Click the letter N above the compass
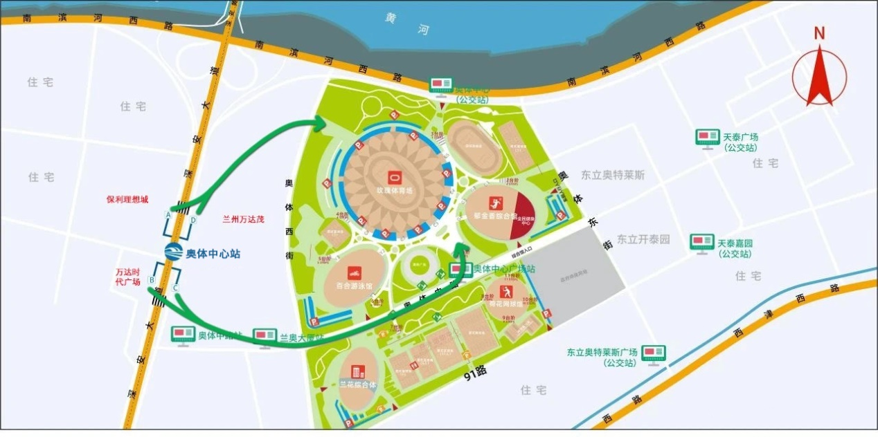(x=820, y=32)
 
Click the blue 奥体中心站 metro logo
(x=172, y=254)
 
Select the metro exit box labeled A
(x=168, y=214)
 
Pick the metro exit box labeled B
(x=152, y=280)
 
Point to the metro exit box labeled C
(x=176, y=287)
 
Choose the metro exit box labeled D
(x=194, y=221)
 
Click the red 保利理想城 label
(x=127, y=199)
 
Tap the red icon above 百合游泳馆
(x=353, y=272)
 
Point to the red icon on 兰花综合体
(x=357, y=372)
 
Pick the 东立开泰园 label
(x=644, y=239)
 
